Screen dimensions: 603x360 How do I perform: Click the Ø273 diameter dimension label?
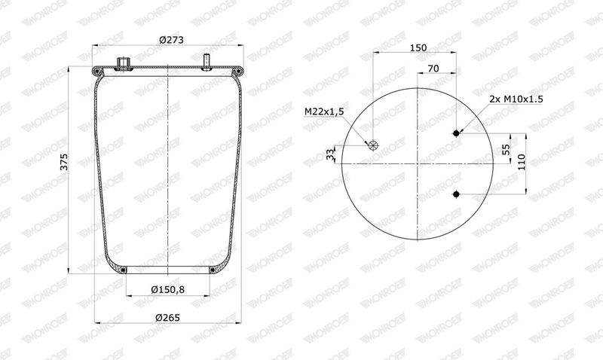171,40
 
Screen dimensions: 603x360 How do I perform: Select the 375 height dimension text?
64,162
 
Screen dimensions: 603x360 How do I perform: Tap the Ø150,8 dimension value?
167,289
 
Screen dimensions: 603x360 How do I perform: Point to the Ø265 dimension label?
167,317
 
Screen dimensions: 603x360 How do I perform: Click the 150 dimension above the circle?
418,47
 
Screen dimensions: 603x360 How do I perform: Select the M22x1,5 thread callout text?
324,111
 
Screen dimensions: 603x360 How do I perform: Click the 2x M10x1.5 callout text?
516,99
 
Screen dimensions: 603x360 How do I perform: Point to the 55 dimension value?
506,148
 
